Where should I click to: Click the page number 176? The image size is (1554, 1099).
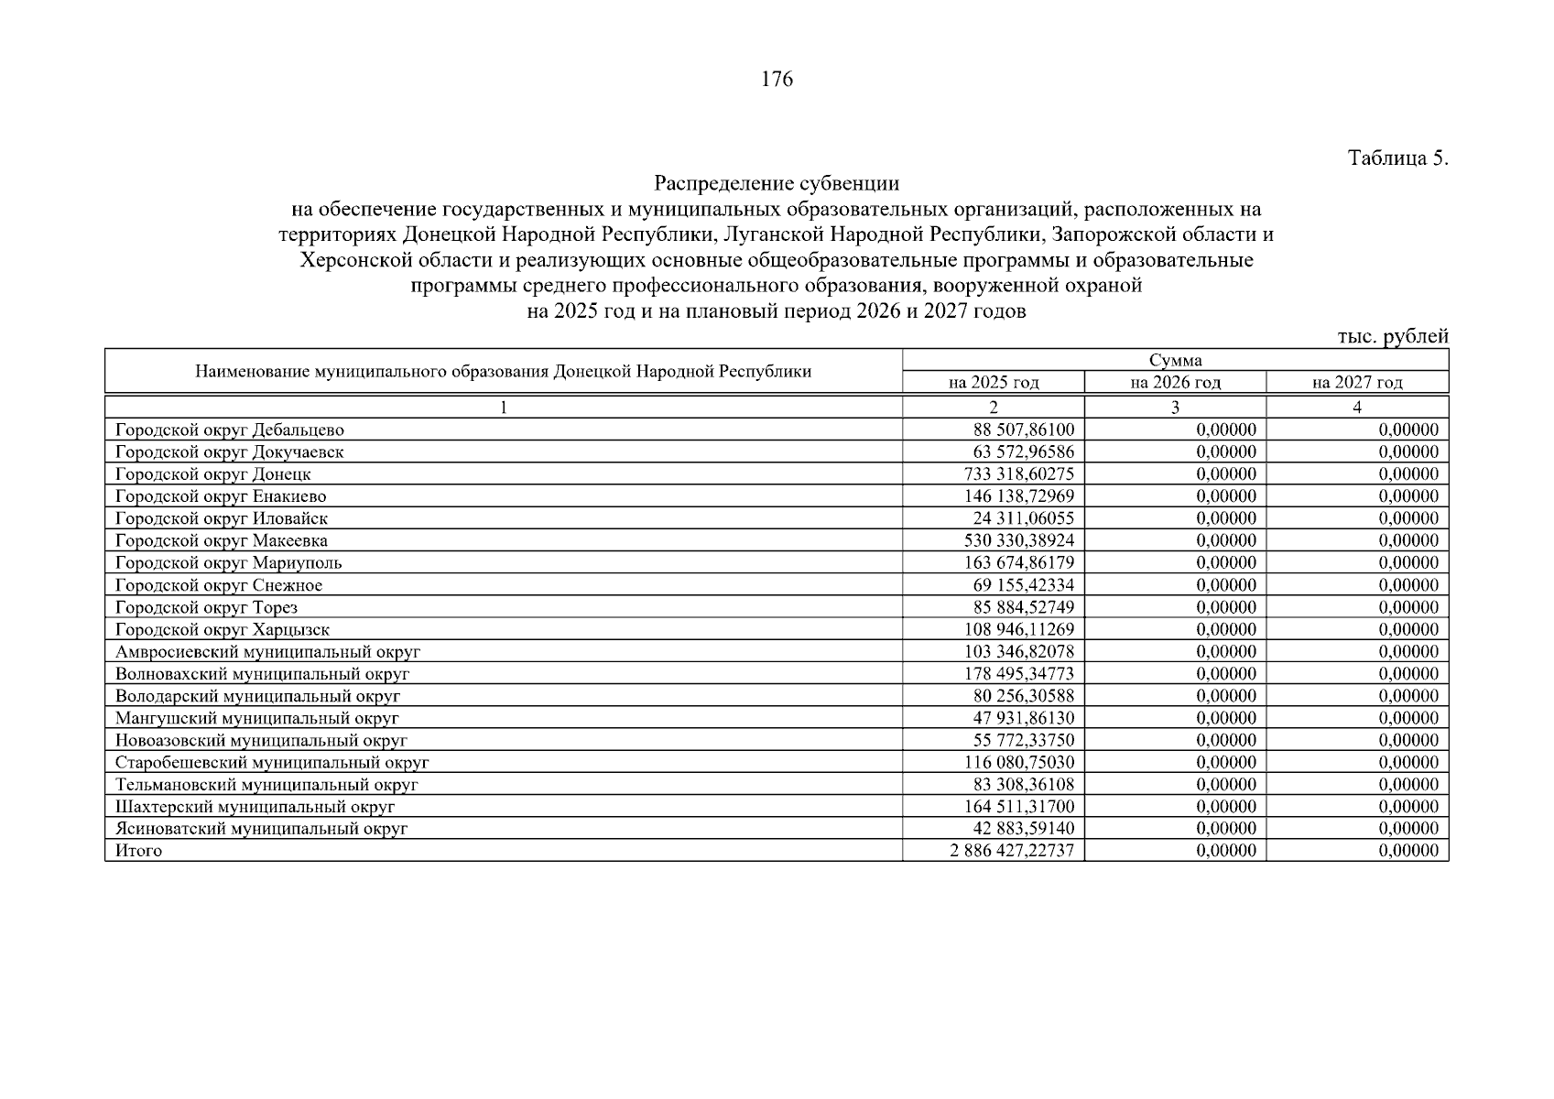coord(777,80)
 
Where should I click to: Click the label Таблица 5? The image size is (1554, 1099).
coord(1397,158)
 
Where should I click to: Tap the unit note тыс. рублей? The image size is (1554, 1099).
coord(1392,336)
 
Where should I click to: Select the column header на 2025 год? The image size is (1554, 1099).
coord(994,383)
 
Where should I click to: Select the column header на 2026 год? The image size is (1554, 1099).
coord(1175,383)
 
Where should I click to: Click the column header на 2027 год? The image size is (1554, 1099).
coord(1357,383)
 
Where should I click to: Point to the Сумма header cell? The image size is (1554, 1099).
coord(1175,360)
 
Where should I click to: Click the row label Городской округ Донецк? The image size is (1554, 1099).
coord(213,474)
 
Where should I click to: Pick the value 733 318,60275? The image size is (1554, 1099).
coord(1018,474)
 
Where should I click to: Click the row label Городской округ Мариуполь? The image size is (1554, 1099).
coord(229,563)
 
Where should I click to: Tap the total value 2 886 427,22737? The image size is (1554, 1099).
coord(1012,851)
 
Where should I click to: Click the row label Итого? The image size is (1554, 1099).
coord(138,851)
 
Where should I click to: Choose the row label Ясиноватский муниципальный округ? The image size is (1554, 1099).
coord(261,829)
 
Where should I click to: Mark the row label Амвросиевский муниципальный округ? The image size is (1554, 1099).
coord(267,652)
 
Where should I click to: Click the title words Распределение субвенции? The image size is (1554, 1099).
coord(777,184)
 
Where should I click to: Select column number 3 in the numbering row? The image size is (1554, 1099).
coord(1175,408)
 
